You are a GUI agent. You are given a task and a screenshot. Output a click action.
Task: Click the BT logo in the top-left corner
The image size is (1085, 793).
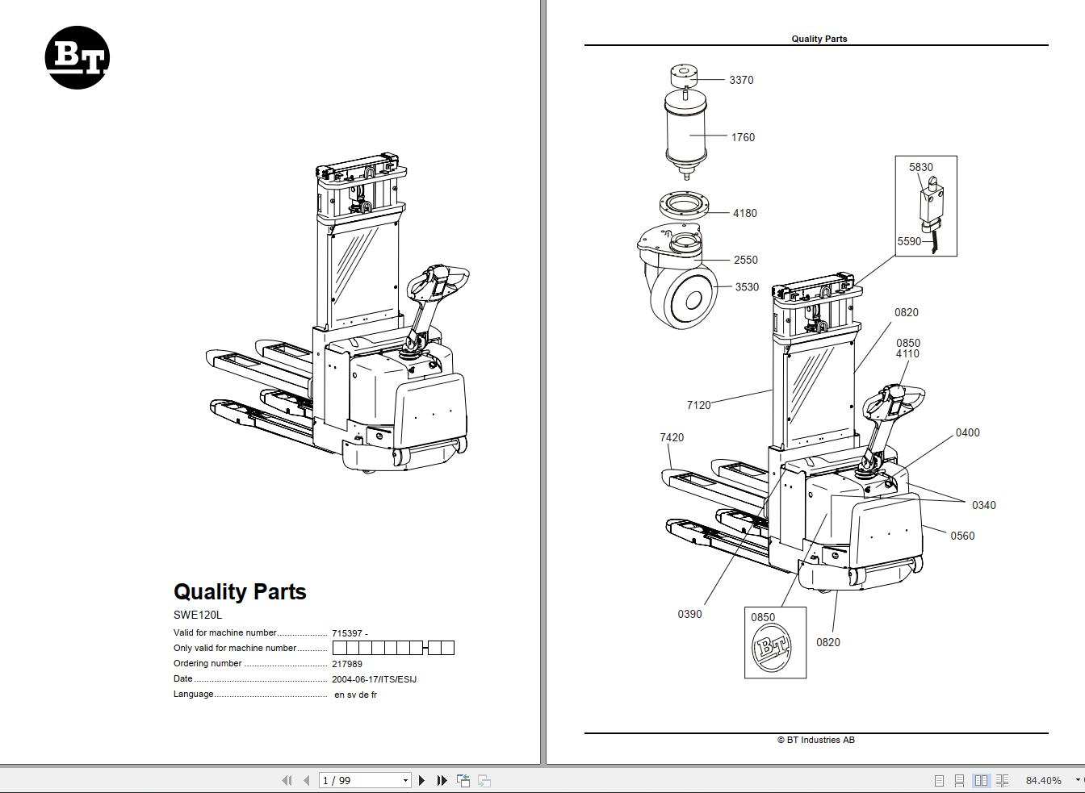tap(77, 57)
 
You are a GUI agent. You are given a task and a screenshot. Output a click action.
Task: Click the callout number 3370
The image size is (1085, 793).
tap(740, 80)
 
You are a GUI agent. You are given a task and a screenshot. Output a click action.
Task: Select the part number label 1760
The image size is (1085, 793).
tap(742, 137)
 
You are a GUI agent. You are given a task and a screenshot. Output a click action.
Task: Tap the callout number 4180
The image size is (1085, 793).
tap(744, 213)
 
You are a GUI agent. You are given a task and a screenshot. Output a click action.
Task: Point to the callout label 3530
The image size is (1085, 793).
tap(746, 286)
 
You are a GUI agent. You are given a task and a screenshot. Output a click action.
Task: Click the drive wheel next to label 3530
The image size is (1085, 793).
tap(691, 300)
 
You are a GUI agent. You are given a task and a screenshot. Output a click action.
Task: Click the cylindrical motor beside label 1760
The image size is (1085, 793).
tap(685, 133)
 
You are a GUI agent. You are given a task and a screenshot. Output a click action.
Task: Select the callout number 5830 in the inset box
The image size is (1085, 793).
tap(920, 167)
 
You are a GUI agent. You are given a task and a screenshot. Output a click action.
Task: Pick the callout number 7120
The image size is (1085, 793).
tap(698, 405)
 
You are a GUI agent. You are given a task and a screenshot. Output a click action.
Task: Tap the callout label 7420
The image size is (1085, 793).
tap(671, 437)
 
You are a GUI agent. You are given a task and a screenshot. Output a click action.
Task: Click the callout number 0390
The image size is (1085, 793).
tap(689, 614)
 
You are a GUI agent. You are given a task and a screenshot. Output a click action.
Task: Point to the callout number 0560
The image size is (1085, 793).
tap(961, 536)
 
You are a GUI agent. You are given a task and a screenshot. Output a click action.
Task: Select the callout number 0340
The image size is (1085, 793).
tap(983, 505)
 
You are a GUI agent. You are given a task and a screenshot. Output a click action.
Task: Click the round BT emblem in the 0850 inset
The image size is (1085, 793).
tap(771, 648)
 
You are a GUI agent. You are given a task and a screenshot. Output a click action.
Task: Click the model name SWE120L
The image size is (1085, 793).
tap(197, 615)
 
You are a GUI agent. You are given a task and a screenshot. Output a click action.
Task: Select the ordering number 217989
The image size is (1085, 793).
tap(346, 664)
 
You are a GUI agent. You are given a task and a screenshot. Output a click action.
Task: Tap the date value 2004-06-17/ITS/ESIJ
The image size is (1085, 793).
tap(374, 679)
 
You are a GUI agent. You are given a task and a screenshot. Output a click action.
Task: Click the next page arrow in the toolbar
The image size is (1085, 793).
tap(421, 780)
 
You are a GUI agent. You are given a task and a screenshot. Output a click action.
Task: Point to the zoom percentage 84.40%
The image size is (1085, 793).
tap(1043, 780)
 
